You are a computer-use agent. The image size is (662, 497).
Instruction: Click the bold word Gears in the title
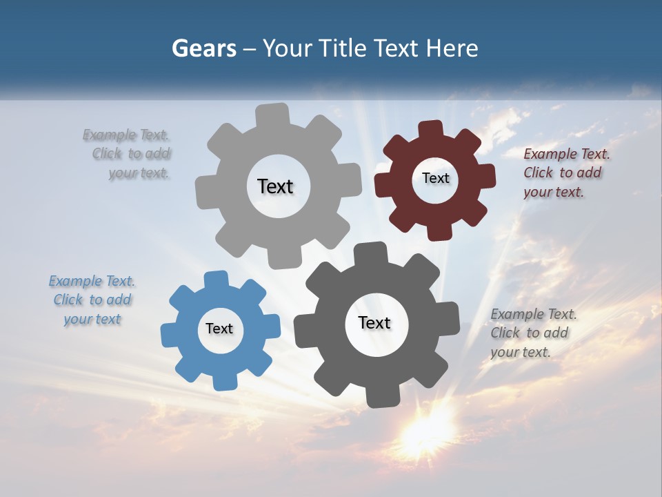(x=203, y=48)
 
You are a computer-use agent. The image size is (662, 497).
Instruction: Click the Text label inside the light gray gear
(x=275, y=186)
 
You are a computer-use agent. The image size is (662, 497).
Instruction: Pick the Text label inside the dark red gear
(x=435, y=178)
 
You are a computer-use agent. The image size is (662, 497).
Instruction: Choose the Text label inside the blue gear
(x=219, y=329)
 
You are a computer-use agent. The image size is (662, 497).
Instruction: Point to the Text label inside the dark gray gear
(x=374, y=322)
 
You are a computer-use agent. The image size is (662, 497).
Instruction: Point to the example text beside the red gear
(x=566, y=173)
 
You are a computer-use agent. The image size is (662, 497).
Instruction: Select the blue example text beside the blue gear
(x=92, y=300)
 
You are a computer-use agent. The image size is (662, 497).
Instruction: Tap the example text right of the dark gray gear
(x=533, y=333)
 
